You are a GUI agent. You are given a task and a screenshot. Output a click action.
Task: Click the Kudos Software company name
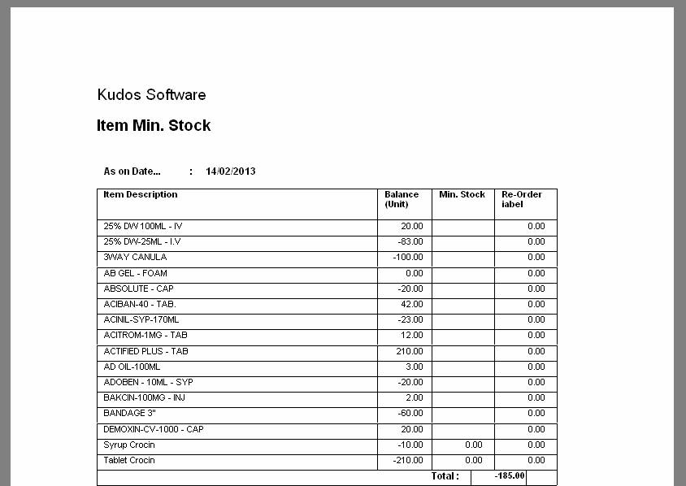coord(151,95)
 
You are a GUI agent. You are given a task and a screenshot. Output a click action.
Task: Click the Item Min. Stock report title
coord(154,126)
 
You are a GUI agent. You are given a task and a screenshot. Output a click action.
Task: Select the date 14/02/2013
coord(231,171)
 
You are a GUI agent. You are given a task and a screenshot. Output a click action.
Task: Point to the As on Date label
coord(132,171)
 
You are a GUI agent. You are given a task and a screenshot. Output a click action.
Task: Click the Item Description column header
coord(141,195)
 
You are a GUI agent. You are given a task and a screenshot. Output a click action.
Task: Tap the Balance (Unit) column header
coord(402,199)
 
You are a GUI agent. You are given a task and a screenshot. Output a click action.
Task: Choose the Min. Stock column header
coord(462,195)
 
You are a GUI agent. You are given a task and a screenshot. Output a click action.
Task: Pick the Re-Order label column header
coord(521,199)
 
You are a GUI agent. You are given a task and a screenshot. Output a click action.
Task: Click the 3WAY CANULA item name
coord(135,258)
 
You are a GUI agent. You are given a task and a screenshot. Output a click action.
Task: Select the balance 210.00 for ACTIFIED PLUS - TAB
coord(410,352)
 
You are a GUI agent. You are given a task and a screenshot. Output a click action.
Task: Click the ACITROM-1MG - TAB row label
coord(145,336)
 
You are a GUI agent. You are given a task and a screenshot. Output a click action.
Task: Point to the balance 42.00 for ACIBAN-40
coord(412,305)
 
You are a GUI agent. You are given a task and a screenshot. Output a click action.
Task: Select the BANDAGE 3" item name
coord(129,414)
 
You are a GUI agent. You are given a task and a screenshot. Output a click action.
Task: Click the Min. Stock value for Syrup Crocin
coord(473,445)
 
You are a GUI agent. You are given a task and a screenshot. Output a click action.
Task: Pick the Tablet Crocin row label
coord(129,461)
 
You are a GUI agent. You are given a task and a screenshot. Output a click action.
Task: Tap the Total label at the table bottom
coord(445,476)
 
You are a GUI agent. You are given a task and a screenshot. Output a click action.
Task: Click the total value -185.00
coord(510,476)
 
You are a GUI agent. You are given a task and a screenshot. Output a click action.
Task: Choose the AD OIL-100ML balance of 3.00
coord(415,367)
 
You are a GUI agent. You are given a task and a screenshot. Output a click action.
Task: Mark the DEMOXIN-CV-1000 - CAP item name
coord(154,429)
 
